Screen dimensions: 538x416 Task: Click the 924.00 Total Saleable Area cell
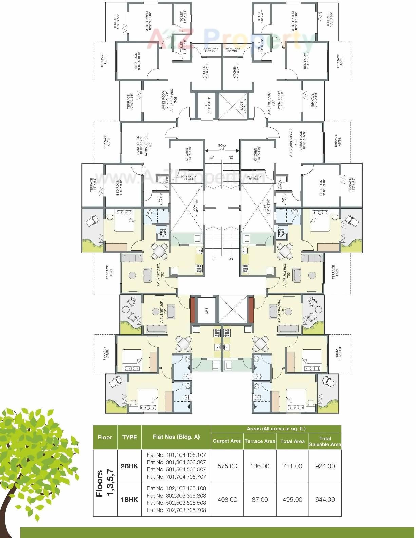click(x=325, y=466)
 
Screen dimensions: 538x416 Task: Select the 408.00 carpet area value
click(x=227, y=500)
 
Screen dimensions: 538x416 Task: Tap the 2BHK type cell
click(x=129, y=466)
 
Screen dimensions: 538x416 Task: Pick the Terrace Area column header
click(x=260, y=441)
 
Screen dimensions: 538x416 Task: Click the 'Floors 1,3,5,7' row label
click(x=105, y=483)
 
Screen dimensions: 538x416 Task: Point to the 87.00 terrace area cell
click(x=260, y=500)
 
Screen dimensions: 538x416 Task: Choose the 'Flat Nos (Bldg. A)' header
click(x=176, y=437)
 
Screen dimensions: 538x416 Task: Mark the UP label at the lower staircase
click(x=213, y=259)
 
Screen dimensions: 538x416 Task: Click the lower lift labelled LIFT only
click(x=207, y=310)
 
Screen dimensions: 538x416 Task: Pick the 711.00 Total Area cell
click(x=292, y=466)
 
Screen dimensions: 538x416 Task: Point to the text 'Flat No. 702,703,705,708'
click(x=176, y=510)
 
